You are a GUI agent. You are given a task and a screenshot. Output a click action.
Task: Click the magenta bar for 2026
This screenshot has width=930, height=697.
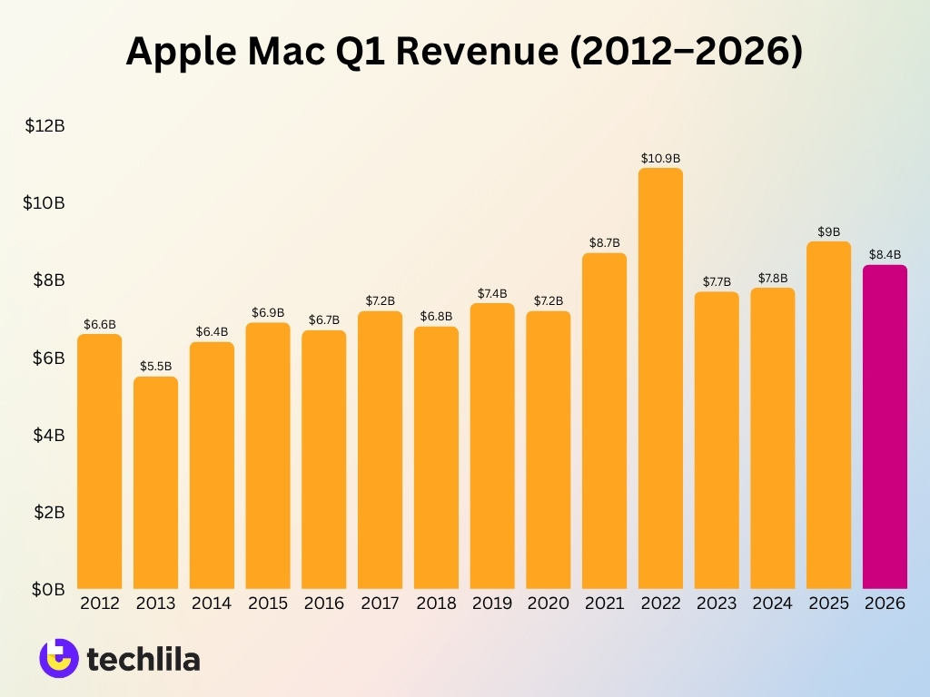tap(885, 427)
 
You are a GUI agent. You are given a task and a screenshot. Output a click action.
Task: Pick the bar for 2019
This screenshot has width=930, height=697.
tap(492, 446)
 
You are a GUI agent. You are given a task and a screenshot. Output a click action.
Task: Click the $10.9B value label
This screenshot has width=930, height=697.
tap(660, 158)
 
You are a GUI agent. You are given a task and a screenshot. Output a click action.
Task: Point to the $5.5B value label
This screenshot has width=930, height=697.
tap(156, 366)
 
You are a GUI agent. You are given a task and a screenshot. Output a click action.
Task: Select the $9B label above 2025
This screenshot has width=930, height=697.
tap(828, 231)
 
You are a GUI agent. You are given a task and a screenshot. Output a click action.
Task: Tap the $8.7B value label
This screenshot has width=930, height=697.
tap(604, 242)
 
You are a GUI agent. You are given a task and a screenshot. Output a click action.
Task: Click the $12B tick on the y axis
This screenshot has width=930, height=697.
tap(45, 126)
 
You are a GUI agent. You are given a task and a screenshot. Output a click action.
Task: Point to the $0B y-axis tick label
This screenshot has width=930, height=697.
tap(47, 590)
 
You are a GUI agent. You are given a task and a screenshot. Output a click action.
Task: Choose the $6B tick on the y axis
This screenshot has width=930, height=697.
tap(47, 358)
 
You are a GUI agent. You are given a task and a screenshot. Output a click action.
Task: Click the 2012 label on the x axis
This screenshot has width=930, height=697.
tap(100, 604)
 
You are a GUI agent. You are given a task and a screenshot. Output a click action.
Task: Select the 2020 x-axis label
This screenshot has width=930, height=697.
tap(548, 604)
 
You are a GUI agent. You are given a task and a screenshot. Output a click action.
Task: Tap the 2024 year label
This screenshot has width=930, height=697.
tap(772, 604)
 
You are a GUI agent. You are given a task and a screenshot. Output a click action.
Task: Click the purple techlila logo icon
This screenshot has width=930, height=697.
tap(58, 657)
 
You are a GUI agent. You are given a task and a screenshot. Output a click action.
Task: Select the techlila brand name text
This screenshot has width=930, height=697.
tap(143, 658)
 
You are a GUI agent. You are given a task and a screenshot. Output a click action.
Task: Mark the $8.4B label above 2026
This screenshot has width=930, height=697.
tap(885, 254)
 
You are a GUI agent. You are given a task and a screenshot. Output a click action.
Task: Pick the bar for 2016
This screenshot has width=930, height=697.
tap(324, 459)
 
